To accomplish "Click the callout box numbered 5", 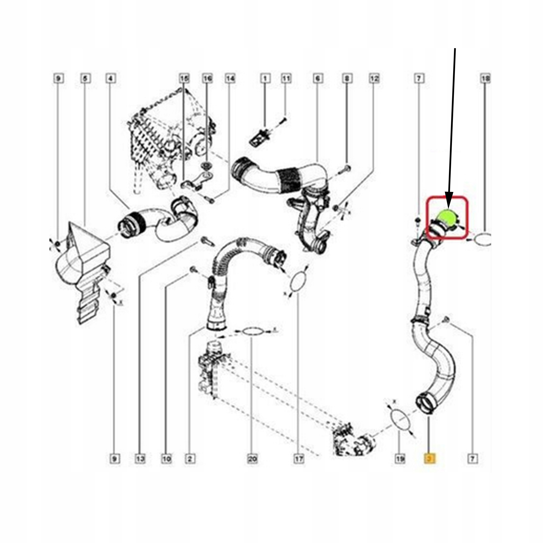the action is point(85,78).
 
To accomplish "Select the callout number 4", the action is point(111,78).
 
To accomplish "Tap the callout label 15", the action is point(184,78).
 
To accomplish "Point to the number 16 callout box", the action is point(207,78).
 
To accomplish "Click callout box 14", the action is point(230,78).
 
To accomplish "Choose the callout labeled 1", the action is point(265,78).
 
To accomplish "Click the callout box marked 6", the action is point(318,78).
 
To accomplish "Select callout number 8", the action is point(347,78).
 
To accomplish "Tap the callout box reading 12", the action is point(374,78).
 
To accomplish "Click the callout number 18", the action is point(486,78).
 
